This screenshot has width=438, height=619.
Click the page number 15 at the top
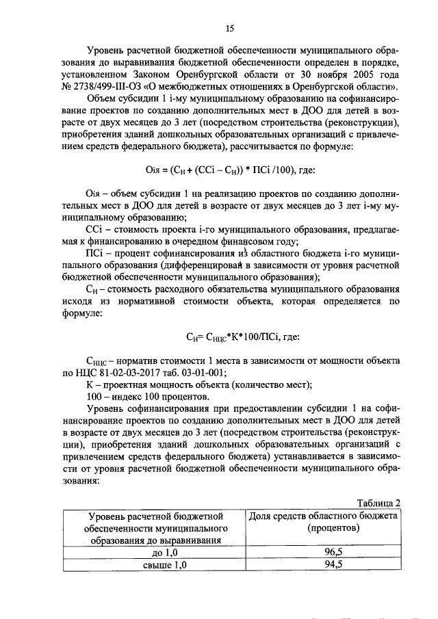point(229,28)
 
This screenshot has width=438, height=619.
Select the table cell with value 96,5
point(324,551)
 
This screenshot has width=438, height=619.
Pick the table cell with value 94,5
point(324,564)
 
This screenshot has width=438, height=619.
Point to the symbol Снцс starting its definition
point(96,361)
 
